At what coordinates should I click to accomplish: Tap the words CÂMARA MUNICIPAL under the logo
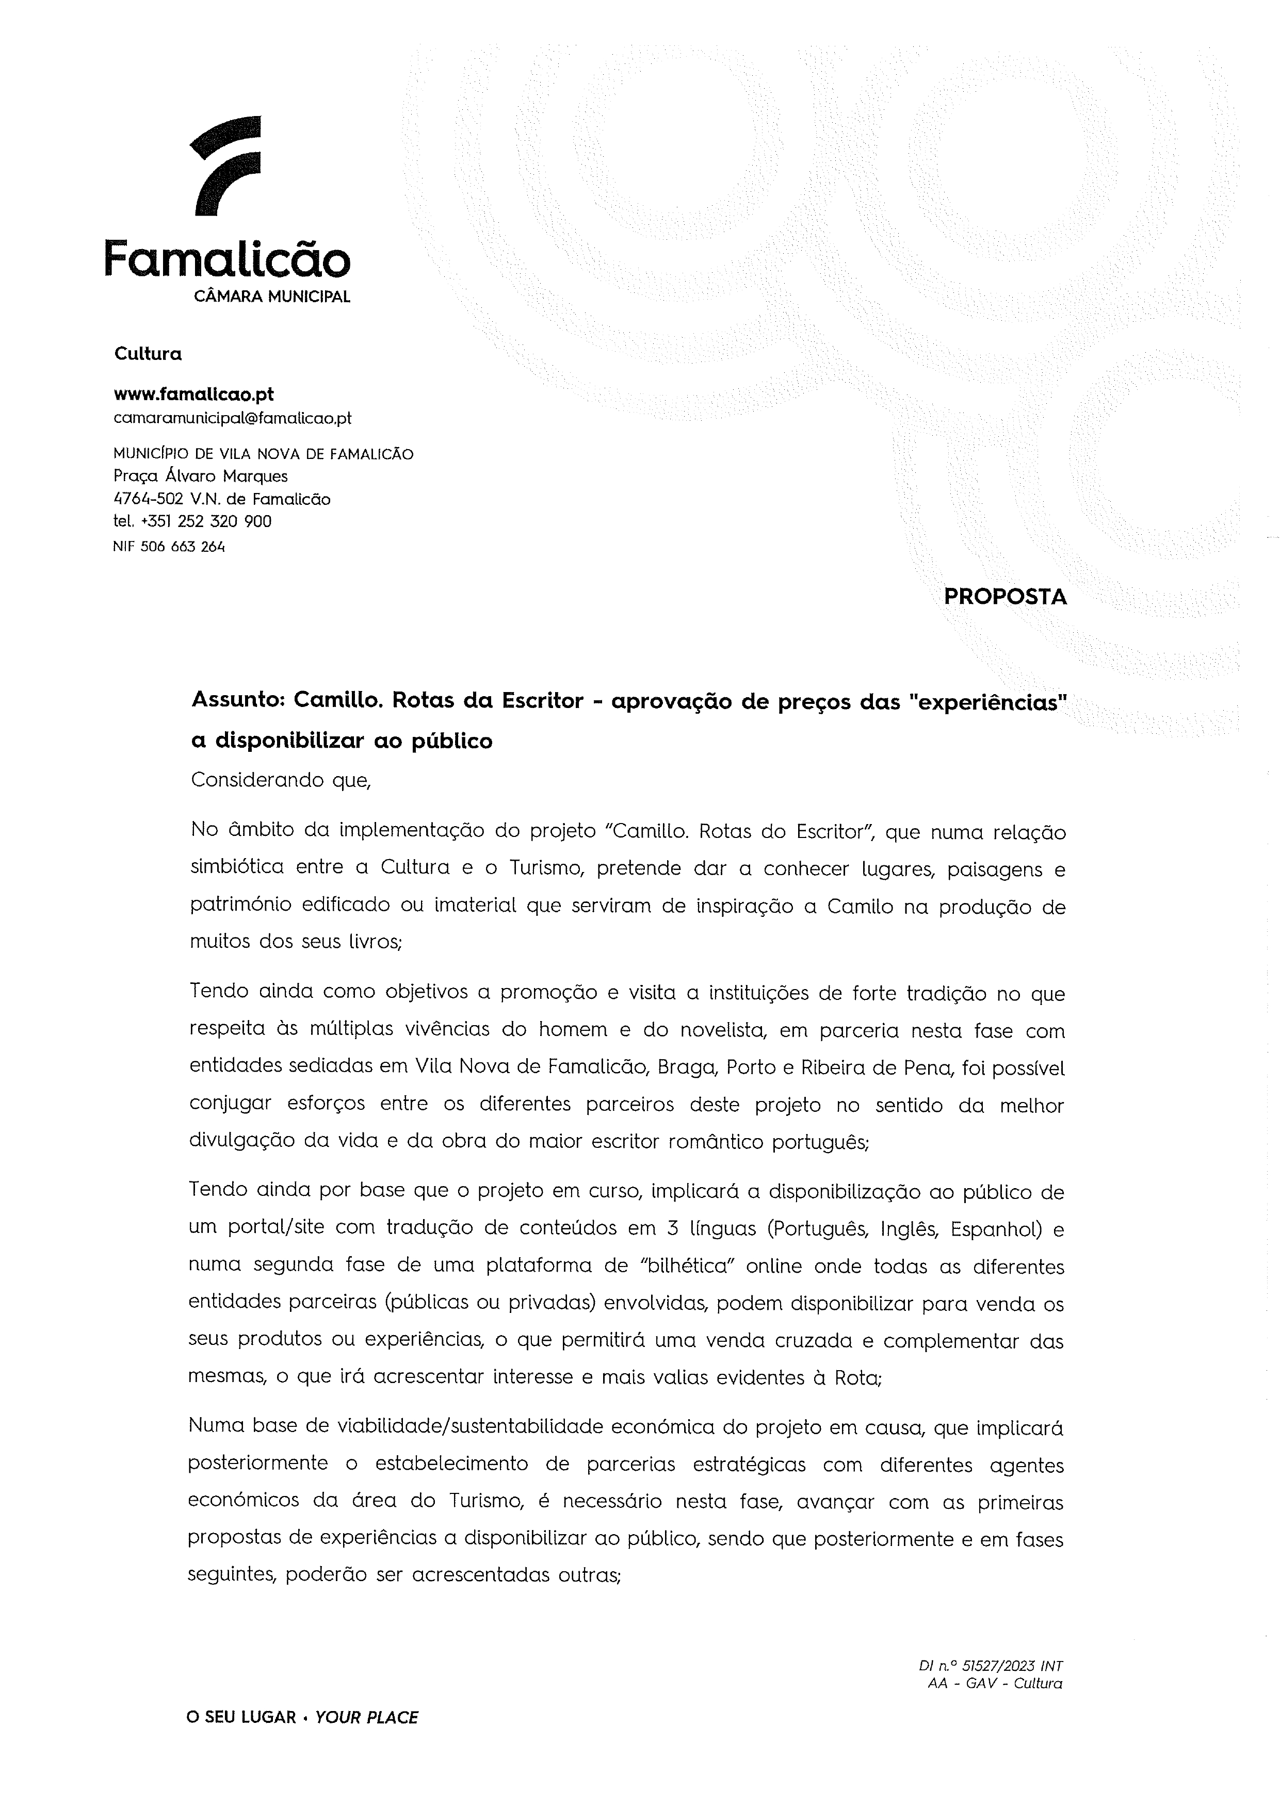(272, 297)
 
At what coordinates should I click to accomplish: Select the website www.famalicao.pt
(194, 394)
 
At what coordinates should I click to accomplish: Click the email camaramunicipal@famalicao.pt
(233, 418)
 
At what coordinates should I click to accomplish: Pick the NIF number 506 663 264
(182, 547)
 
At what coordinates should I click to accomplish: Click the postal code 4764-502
(149, 499)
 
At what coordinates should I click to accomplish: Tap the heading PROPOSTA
(1005, 597)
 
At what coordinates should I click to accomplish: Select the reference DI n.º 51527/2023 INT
(990, 1666)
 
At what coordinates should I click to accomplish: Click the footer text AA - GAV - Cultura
(995, 1684)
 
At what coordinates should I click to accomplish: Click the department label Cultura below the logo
(148, 354)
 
